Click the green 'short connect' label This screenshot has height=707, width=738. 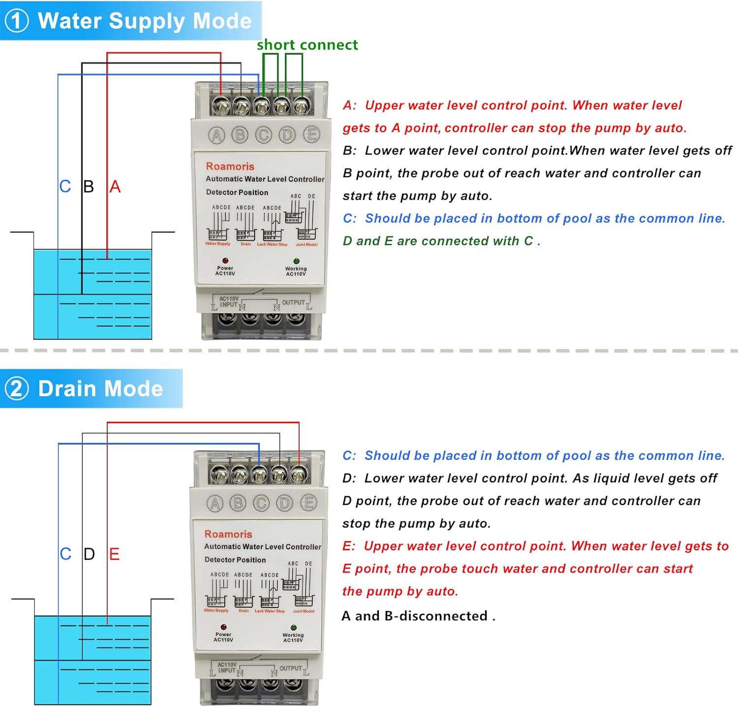click(307, 45)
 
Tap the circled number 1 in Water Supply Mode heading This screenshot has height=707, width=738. click(17, 21)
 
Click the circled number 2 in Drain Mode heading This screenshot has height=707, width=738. click(17, 388)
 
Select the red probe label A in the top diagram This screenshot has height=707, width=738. click(115, 187)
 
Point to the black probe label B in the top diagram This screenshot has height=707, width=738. click(89, 187)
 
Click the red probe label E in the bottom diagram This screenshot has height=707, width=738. click(114, 554)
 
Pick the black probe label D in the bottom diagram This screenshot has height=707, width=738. click(89, 554)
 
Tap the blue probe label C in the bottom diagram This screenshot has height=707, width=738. click(65, 554)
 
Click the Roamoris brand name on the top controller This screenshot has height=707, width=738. click(230, 166)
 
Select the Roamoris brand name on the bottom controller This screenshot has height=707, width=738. click(228, 534)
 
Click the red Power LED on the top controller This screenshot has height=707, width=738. click(225, 260)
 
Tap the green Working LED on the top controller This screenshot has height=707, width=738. click(296, 261)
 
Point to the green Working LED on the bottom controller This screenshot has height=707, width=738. click(294, 628)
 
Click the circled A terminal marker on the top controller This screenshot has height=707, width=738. click(216, 135)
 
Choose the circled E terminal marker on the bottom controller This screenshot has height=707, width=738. click(308, 503)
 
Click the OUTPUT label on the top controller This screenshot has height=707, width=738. click(293, 302)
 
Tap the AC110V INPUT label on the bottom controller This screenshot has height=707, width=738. click(227, 668)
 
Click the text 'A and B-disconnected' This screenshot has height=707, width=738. click(418, 616)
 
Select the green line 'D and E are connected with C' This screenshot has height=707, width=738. click(441, 241)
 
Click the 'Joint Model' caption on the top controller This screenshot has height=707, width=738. click(306, 245)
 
